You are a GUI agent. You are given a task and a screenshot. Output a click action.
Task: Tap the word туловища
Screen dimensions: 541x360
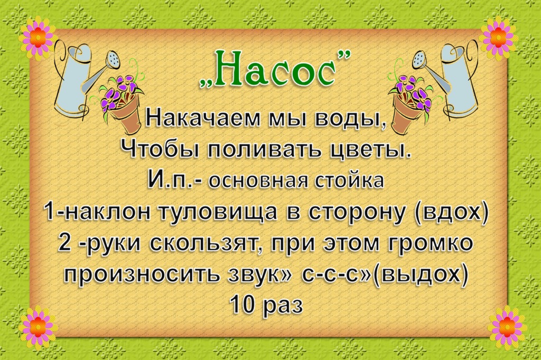(217, 212)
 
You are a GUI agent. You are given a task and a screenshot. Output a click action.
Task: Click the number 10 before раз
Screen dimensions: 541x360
(244, 305)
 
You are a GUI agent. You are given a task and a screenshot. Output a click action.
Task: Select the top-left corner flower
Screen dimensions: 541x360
(38, 36)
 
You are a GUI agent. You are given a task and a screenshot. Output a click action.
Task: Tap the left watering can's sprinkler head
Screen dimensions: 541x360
(114, 59)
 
